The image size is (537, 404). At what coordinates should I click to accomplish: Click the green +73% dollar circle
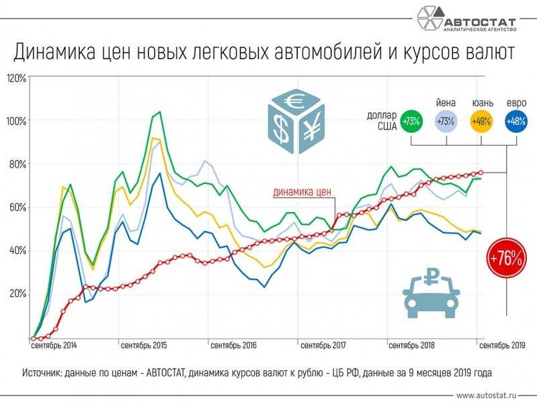(410, 122)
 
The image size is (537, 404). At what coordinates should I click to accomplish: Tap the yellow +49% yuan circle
(481, 122)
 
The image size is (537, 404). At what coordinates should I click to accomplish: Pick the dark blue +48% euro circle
(515, 122)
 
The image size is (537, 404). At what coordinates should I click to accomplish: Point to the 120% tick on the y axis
(16, 79)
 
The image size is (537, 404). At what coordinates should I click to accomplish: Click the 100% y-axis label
(16, 121)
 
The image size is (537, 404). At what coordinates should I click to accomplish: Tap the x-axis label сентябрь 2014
(54, 346)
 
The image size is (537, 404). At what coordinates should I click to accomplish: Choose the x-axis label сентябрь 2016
(233, 346)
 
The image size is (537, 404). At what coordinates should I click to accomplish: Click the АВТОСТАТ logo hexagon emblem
(428, 20)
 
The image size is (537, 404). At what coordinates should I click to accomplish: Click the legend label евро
(515, 102)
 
